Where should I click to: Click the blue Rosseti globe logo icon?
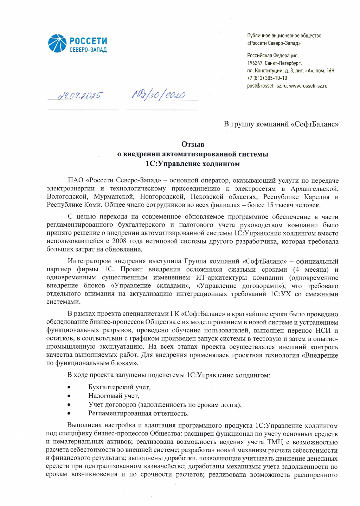57,44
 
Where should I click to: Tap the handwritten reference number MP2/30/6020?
159,95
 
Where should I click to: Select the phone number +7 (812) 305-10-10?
267,78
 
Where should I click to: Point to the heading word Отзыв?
193,144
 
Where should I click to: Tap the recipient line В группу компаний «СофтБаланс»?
281,124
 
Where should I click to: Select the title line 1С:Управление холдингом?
193,164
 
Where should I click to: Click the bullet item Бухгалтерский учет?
119,387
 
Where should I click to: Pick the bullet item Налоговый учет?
114,396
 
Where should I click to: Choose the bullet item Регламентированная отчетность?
138,413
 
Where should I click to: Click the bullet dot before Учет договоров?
69,405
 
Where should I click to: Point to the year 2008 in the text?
119,241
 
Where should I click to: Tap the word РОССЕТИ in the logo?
88,41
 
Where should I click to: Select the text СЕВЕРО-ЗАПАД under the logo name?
88,50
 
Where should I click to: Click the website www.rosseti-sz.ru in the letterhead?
308,86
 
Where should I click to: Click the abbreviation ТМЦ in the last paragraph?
275,442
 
